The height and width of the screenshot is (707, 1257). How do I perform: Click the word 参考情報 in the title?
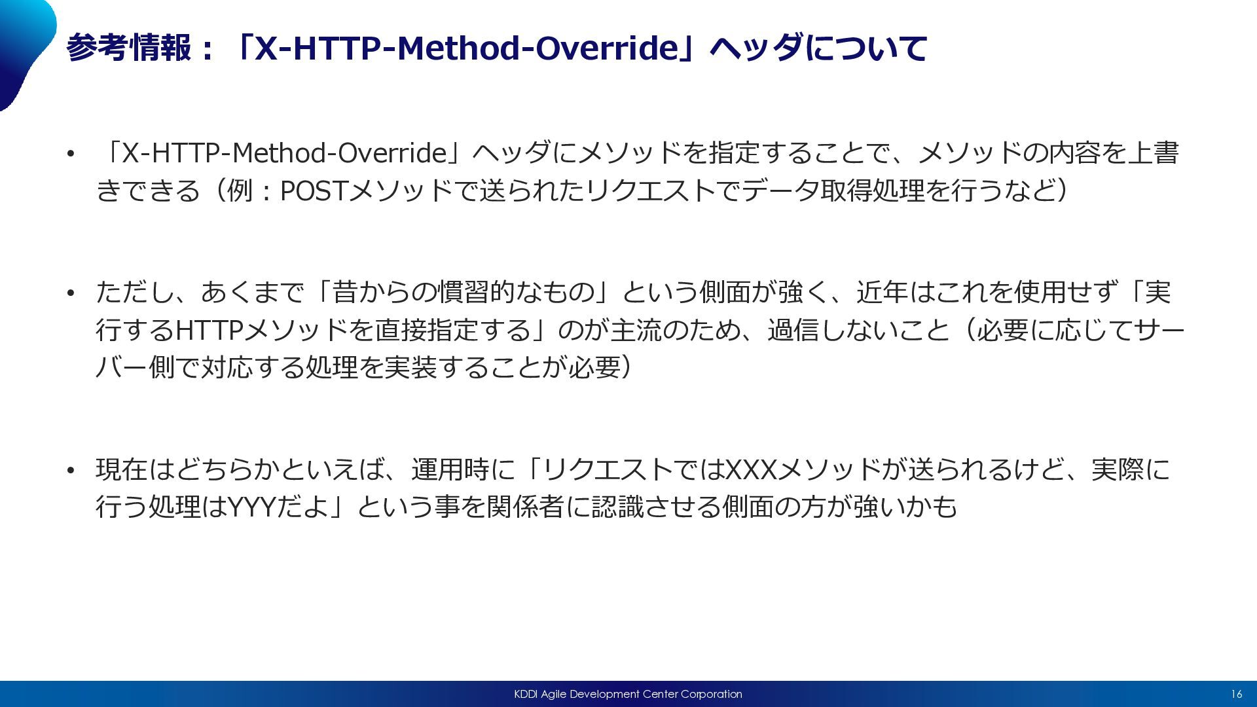coord(130,48)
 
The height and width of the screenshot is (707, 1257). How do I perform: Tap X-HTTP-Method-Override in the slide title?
coord(465,48)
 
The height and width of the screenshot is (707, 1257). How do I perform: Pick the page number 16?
coord(1236,694)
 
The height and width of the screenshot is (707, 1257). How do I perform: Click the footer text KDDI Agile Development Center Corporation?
coord(628,694)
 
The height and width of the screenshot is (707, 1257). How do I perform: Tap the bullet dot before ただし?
coord(71,293)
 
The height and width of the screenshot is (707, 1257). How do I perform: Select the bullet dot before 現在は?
coord(71,470)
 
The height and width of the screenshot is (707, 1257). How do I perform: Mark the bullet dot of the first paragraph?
coord(71,154)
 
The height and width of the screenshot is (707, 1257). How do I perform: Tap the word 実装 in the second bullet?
coord(410,367)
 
